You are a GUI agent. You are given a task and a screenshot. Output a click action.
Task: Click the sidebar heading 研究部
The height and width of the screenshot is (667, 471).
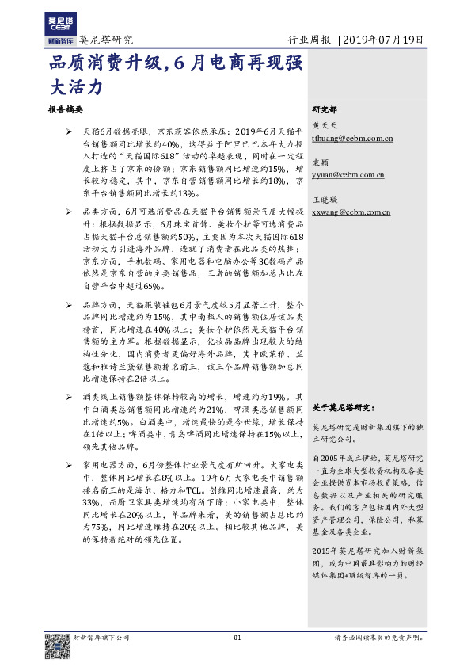click(x=325, y=109)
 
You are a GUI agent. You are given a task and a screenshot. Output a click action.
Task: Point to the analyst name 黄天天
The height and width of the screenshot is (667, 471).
click(x=324, y=126)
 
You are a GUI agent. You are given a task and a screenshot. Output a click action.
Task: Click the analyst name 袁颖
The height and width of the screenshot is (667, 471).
click(x=320, y=162)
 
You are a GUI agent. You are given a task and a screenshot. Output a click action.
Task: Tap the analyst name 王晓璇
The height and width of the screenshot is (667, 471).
click(x=324, y=199)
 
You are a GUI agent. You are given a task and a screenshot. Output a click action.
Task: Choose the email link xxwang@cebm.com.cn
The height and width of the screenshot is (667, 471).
click(x=351, y=212)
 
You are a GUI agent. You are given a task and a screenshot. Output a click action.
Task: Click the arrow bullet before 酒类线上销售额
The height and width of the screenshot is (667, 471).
click(x=70, y=396)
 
